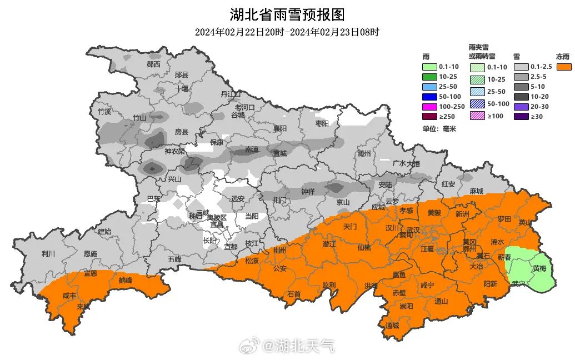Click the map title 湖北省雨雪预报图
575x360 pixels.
coord(287,14)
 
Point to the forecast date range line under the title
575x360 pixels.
coord(287,32)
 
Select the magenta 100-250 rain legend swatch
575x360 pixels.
coord(429,107)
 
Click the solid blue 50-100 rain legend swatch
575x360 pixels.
coord(429,97)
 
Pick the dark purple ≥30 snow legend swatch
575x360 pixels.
coord(521,117)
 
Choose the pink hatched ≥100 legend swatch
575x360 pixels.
coord(476,116)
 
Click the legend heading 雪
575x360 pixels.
coord(516,57)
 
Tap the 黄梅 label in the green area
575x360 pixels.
coord(539,268)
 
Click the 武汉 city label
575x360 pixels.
coord(413,229)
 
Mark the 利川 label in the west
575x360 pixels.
coord(48,254)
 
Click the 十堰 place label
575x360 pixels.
coord(182,88)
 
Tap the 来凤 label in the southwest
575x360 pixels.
coord(83,307)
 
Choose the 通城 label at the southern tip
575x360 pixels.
coord(392,326)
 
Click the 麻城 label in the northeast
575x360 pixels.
coord(476,191)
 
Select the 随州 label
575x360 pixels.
coord(364,153)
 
